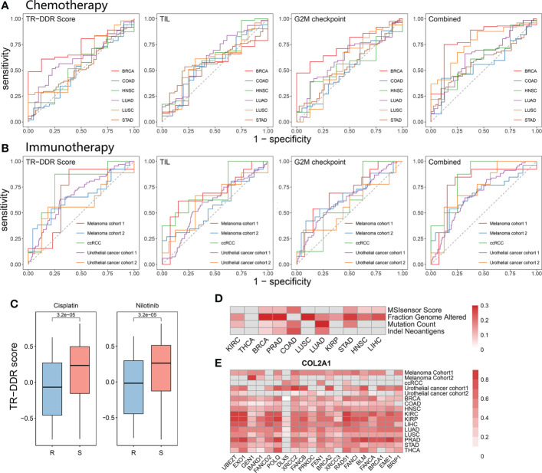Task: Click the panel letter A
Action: pyautogui.click(x=7, y=7)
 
